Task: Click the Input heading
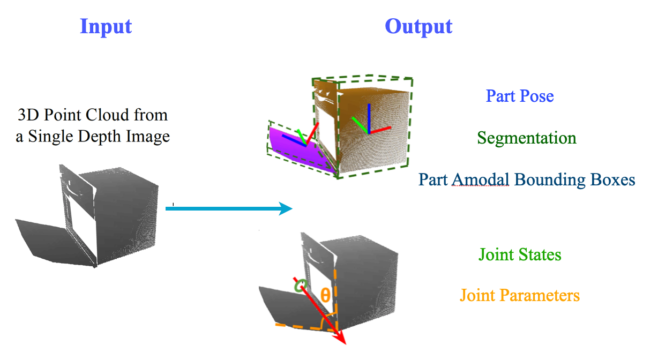[x=106, y=27]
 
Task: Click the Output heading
[x=418, y=27]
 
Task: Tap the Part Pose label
[x=520, y=96]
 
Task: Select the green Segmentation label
[x=527, y=138]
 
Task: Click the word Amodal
[x=481, y=179]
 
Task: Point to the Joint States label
[x=520, y=254]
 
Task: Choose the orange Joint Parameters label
[x=520, y=295]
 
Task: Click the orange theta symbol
[x=325, y=295]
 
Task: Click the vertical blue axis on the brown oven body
[x=369, y=118]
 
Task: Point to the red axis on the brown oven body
[x=380, y=130]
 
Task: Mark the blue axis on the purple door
[x=294, y=140]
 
